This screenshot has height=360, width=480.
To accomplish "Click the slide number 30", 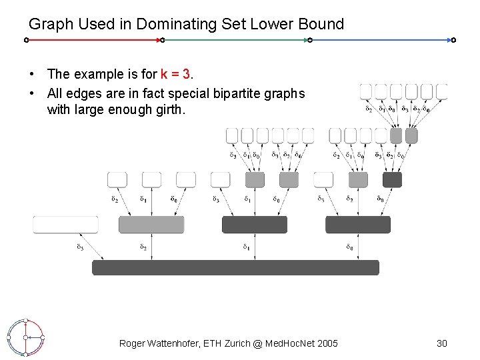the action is (441, 343).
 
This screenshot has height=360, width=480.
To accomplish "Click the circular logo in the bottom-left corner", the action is (25, 337).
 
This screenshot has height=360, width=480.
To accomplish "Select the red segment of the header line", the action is (93, 40).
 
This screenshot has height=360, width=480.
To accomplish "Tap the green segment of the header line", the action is (235, 40).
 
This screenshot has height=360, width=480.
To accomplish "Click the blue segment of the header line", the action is (381, 40).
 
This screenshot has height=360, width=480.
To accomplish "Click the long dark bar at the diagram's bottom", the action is (235, 267).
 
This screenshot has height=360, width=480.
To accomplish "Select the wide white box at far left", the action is (65, 225).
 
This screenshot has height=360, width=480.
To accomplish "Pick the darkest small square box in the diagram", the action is (392, 179).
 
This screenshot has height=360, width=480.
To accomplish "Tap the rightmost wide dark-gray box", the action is (357, 225).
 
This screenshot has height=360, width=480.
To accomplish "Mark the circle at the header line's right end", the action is (453, 40).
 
